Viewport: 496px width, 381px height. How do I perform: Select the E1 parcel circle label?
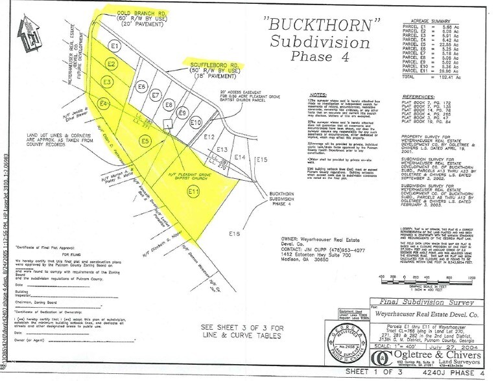(115, 47)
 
